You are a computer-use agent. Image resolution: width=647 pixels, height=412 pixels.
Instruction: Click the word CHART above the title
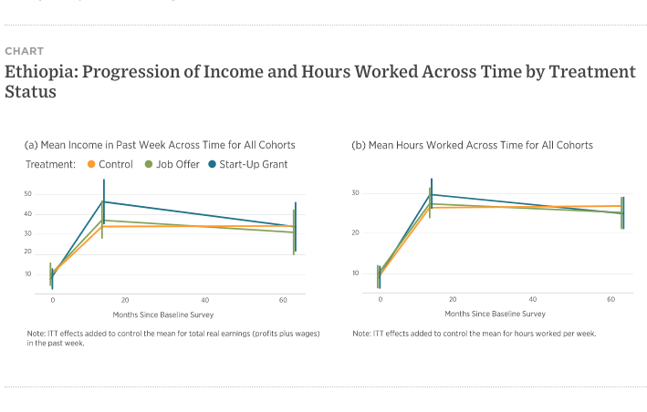coord(24,51)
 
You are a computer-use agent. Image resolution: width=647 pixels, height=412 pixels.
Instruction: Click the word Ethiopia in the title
coord(40,71)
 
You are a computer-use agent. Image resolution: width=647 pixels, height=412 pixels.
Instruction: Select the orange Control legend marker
coord(91,164)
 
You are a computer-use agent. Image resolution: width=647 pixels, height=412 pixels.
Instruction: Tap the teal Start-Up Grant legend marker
coord(213,164)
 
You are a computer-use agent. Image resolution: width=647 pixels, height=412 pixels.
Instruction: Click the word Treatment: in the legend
coord(51,164)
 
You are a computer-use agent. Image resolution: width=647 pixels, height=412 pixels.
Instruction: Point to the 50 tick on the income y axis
coord(27,193)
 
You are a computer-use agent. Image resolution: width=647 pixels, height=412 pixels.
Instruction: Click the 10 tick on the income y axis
coord(27,273)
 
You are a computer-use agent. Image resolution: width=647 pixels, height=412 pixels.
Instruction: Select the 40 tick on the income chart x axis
coord(204,299)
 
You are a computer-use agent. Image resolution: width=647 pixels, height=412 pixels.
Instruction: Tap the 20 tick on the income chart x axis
coord(125,299)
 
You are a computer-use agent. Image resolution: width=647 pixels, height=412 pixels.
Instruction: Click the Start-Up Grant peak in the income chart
coord(104,201)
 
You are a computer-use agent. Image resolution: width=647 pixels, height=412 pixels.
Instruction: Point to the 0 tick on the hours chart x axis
coord(381,299)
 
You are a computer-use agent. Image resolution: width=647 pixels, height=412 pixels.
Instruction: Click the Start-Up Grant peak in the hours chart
coord(432,194)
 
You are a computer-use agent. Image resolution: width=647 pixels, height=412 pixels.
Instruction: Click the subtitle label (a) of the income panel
coord(30,145)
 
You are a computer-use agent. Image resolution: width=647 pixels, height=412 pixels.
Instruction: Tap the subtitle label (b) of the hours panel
coord(359,145)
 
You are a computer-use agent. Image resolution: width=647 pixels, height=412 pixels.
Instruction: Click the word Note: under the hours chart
coord(363,334)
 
